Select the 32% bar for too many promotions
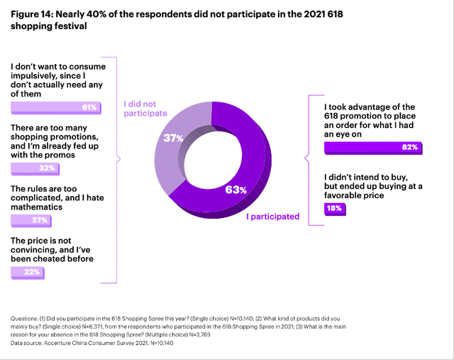pos(35,168)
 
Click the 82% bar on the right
pos(373,148)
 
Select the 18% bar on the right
pos(335,208)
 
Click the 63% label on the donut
pos(236,189)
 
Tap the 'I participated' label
pos(272,217)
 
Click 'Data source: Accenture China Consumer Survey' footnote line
pos(93,342)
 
